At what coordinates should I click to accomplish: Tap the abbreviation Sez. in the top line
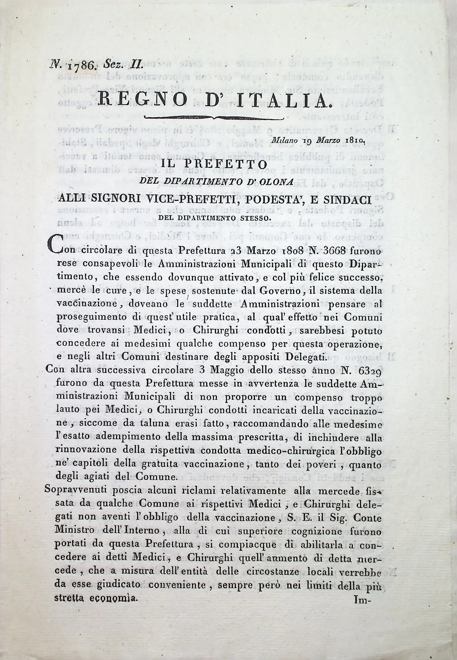112,65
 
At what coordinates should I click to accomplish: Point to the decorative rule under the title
214,117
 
